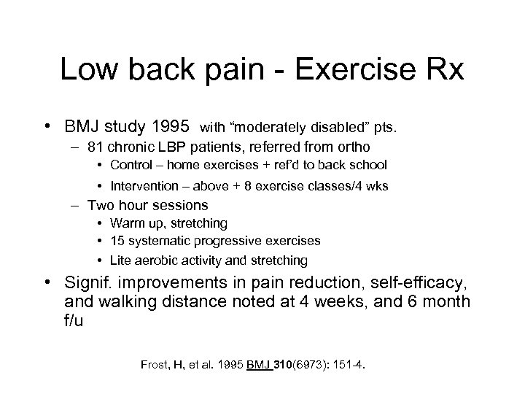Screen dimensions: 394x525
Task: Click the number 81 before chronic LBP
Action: pyautogui.click(x=94, y=146)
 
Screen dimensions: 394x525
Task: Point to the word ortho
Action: pyautogui.click(x=351, y=146)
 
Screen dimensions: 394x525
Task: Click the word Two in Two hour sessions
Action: pyautogui.click(x=99, y=205)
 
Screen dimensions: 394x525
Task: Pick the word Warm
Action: pyautogui.click(x=125, y=223)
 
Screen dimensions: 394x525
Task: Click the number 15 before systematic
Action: pyautogui.click(x=117, y=241)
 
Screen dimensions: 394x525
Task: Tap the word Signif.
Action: pyautogui.click(x=86, y=285)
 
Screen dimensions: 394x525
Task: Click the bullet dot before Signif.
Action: pyautogui.click(x=52, y=285)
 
